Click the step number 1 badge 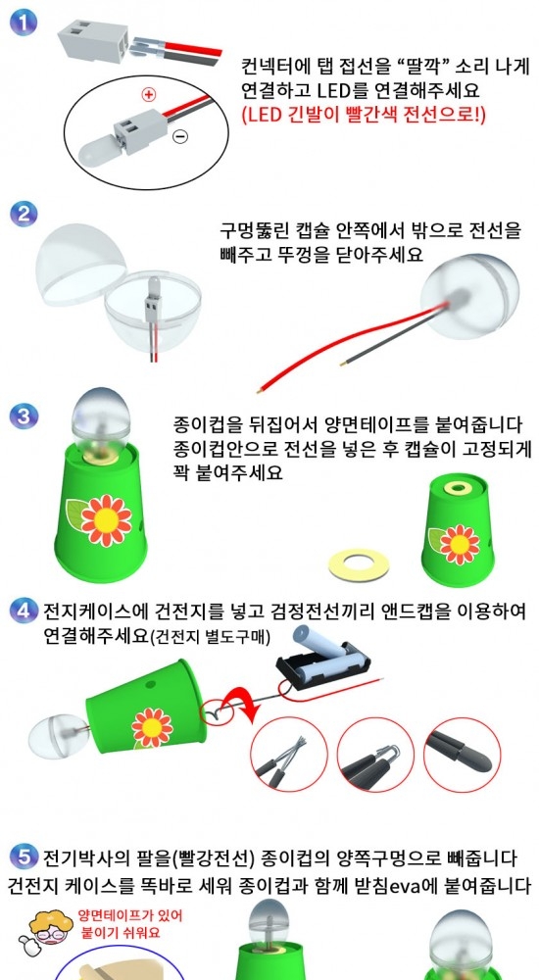24,24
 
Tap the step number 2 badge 24,215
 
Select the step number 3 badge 24,416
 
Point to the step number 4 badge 24,611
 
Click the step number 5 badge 24,857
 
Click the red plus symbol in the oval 148,95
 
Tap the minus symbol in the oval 180,135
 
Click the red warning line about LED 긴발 364,115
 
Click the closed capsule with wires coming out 470,296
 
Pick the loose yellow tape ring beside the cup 359,563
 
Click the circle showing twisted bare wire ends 289,755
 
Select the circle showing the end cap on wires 463,755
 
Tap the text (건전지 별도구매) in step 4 210,637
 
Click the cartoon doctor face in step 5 48,926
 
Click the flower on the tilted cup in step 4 152,727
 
